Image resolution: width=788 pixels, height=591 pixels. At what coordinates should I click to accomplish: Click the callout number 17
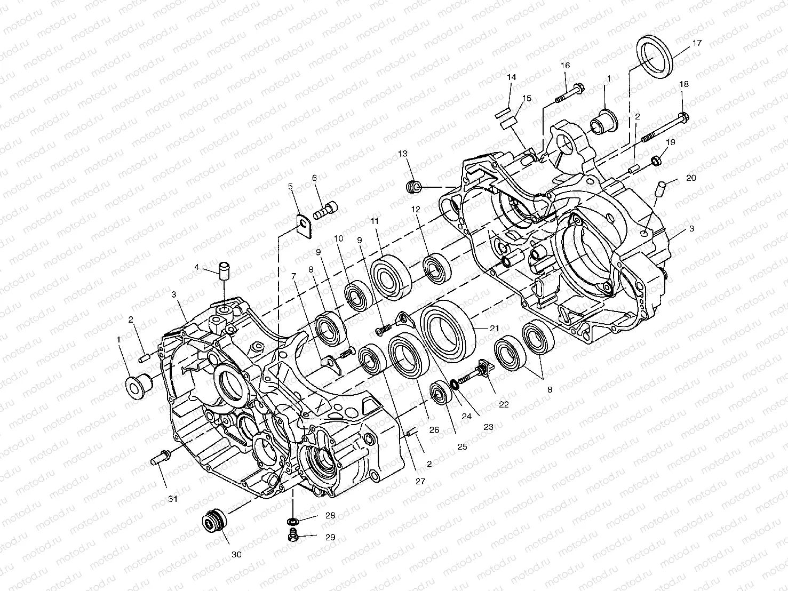click(x=697, y=43)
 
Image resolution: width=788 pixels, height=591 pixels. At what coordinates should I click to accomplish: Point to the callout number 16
click(x=565, y=66)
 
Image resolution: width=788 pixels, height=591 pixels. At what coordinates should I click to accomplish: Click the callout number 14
click(x=512, y=77)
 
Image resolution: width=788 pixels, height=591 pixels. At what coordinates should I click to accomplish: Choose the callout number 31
click(x=173, y=499)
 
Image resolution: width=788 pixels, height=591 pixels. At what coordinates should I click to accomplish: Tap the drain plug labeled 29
click(x=293, y=536)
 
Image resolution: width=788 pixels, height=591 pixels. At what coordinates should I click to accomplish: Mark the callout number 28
click(x=330, y=516)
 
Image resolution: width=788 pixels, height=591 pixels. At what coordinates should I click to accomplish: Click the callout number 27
click(x=420, y=481)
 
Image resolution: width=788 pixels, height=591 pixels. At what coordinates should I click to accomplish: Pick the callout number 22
click(x=504, y=404)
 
